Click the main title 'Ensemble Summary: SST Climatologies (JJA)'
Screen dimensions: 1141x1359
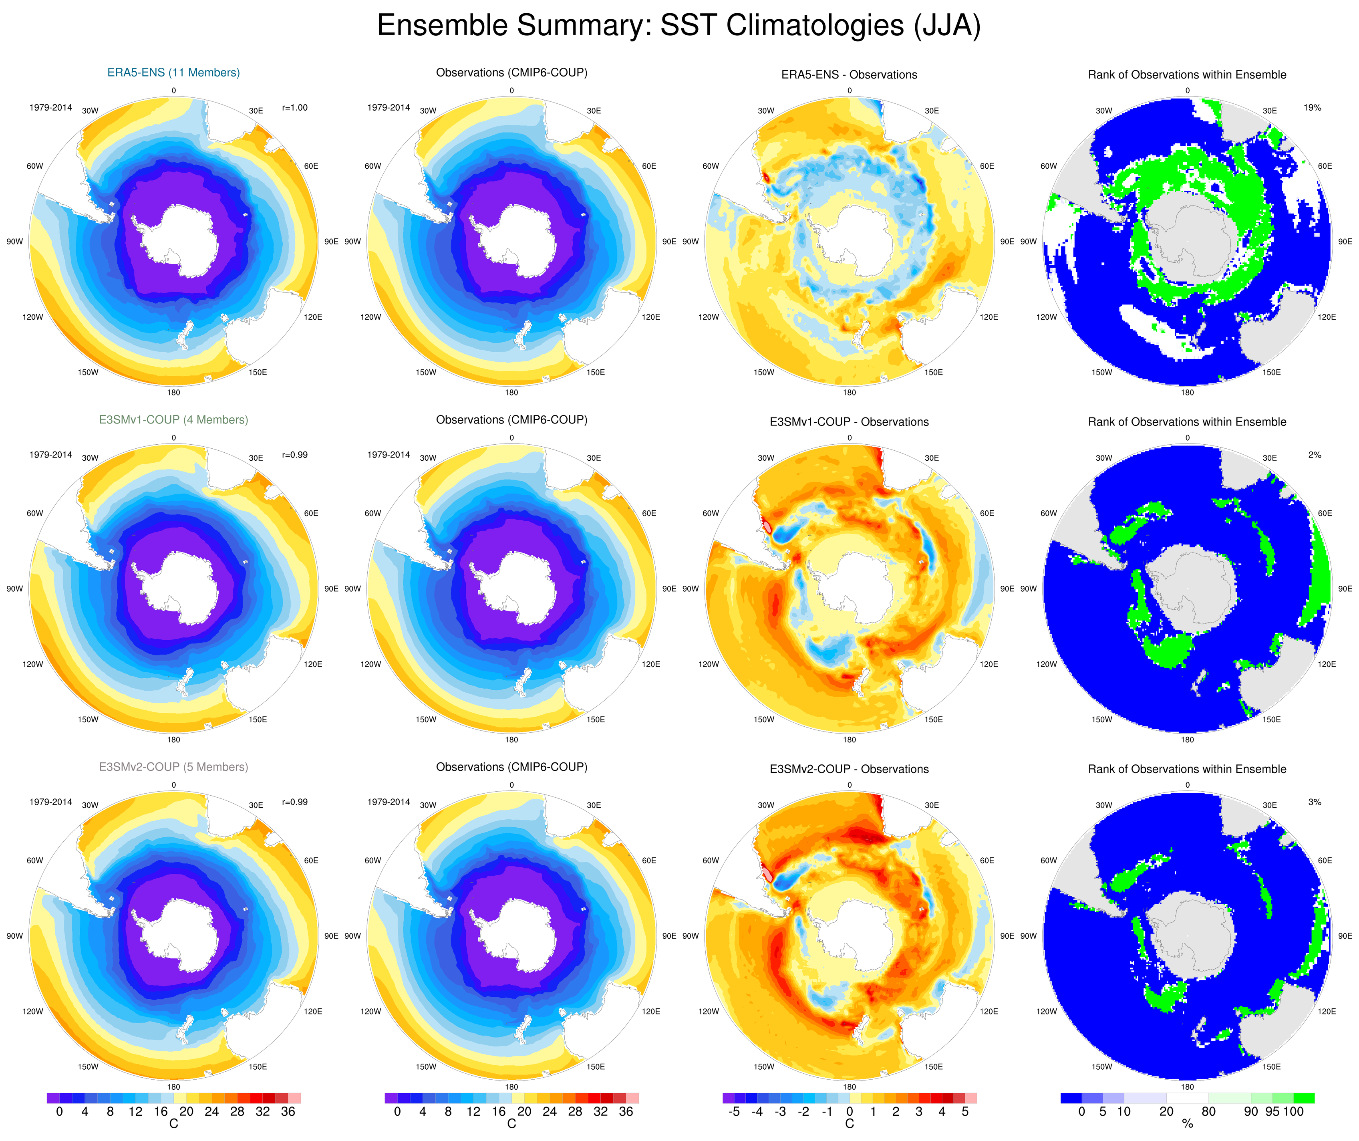pos(679,26)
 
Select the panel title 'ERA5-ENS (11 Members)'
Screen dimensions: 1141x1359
pos(173,73)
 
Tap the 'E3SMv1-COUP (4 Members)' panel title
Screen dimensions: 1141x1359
pos(173,419)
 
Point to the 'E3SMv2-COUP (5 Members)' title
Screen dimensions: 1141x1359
pos(173,767)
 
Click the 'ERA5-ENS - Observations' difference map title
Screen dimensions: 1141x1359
pos(849,75)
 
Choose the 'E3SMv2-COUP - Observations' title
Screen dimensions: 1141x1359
pos(849,769)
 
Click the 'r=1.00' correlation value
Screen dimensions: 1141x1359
pos(295,107)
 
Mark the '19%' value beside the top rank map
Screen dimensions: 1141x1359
pos(1313,107)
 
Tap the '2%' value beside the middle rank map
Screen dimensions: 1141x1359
pos(1315,455)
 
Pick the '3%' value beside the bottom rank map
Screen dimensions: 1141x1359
pos(1315,802)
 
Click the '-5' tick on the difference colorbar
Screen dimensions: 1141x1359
pos(734,1111)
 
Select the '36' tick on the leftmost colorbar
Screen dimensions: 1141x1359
pos(288,1111)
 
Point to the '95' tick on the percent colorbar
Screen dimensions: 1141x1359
pos(1272,1111)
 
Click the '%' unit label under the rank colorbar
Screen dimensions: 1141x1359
pos(1188,1124)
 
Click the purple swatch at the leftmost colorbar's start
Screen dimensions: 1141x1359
pos(53,1098)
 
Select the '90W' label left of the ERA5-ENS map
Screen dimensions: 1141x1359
pos(15,242)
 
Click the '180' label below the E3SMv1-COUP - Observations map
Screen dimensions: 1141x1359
pos(849,740)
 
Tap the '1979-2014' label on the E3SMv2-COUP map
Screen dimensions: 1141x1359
pos(50,802)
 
